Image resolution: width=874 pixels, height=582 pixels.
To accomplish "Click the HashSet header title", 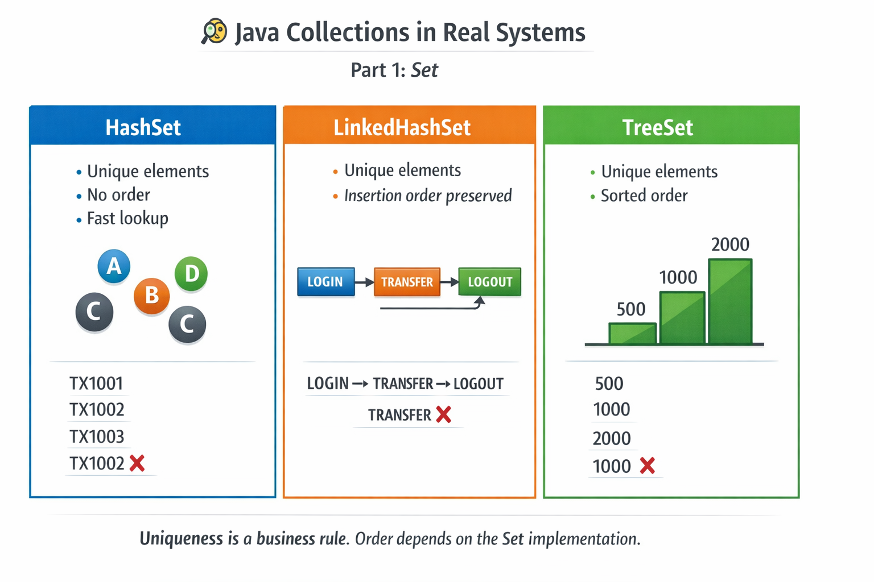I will (x=143, y=127).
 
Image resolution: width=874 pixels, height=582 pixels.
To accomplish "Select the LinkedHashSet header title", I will (x=402, y=127).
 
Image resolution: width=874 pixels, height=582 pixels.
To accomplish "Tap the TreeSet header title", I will (x=657, y=127).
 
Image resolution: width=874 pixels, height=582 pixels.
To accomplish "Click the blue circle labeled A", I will (x=114, y=266).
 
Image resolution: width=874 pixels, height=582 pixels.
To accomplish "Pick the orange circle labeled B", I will (x=151, y=296).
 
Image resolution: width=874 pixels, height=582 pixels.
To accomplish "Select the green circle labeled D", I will (x=191, y=274).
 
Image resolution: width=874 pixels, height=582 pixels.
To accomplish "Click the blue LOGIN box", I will (x=325, y=282).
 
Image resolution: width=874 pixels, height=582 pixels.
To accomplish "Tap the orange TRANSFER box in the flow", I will (x=407, y=282).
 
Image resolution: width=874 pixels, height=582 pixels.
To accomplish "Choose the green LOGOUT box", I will (x=490, y=282).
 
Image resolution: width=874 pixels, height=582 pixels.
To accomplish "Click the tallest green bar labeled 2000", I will (x=730, y=301).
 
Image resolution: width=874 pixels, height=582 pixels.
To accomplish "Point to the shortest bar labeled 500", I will (x=632, y=333).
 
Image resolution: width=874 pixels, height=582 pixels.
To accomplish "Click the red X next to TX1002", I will (x=137, y=463).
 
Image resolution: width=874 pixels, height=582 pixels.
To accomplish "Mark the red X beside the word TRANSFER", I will (x=443, y=415).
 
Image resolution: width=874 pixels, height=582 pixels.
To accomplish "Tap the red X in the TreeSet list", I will (x=647, y=466).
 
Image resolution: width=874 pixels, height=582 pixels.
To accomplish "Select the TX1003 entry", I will (x=97, y=436).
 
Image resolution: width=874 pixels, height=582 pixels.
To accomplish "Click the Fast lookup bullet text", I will (x=127, y=218).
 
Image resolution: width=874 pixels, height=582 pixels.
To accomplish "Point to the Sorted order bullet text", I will (x=644, y=196).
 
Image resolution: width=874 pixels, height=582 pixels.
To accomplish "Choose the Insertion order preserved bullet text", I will (x=427, y=196).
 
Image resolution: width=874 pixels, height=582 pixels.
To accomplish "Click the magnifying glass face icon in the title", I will (x=215, y=31).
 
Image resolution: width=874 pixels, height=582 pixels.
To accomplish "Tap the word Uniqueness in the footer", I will (x=182, y=538).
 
